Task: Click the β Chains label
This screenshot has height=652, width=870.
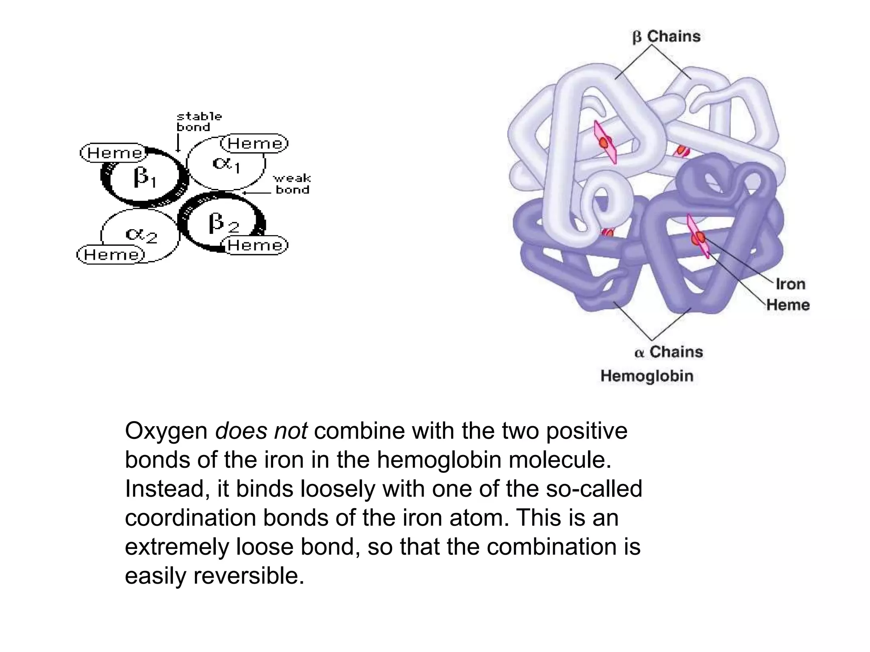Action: pos(666,37)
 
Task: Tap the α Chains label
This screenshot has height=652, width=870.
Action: pos(669,352)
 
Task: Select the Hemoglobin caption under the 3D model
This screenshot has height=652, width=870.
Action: pos(647,376)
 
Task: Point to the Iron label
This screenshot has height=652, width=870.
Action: pos(790,284)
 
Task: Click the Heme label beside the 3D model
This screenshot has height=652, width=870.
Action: pos(788,305)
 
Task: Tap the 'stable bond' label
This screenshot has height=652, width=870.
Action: pos(199,122)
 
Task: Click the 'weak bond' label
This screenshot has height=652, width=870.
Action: pos(292,184)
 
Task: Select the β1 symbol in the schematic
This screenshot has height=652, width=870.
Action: pos(144,177)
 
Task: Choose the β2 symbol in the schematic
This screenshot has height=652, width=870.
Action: pos(223,223)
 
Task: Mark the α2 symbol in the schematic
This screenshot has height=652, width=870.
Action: pos(141,235)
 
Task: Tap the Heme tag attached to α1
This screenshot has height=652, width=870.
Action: pos(254,143)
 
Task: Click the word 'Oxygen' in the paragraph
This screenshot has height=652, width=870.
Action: pos(166,431)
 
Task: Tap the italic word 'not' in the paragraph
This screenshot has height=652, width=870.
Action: pos(291,431)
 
